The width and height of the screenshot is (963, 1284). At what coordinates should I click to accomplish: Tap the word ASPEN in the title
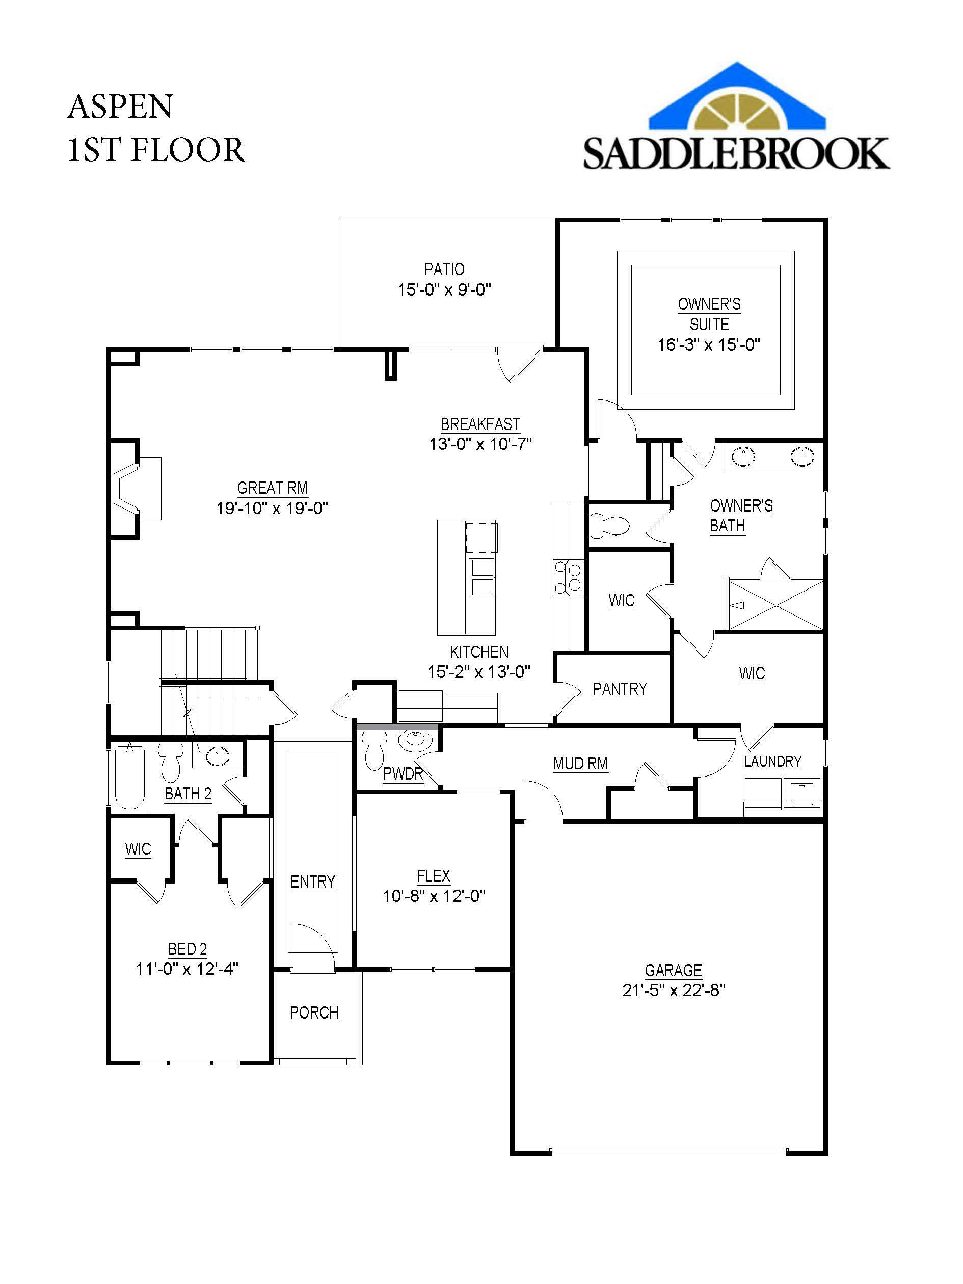[120, 107]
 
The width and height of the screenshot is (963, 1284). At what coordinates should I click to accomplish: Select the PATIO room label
[444, 270]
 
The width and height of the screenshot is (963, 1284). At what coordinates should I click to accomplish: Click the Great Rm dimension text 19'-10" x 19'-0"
[272, 509]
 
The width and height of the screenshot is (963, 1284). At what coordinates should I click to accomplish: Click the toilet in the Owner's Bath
[609, 526]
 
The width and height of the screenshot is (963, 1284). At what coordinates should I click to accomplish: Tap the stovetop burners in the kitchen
[568, 576]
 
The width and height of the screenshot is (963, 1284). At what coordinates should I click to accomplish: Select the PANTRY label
[620, 689]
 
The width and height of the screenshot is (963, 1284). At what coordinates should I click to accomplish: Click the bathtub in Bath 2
[129, 777]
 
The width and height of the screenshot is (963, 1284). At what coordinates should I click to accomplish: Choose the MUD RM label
[580, 764]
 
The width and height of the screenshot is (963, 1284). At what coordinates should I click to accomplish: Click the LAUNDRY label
[773, 762]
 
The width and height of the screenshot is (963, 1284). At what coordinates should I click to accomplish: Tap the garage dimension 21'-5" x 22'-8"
[674, 989]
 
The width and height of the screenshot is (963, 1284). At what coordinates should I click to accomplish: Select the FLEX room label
[434, 876]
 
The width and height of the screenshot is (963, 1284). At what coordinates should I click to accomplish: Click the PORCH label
[314, 1013]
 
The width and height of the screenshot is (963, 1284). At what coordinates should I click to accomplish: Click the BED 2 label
[188, 949]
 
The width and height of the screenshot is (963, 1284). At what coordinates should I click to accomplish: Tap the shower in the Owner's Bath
[774, 604]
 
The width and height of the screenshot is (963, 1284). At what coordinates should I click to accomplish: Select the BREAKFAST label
[480, 424]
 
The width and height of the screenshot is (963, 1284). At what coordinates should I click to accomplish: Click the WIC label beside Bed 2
[138, 849]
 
